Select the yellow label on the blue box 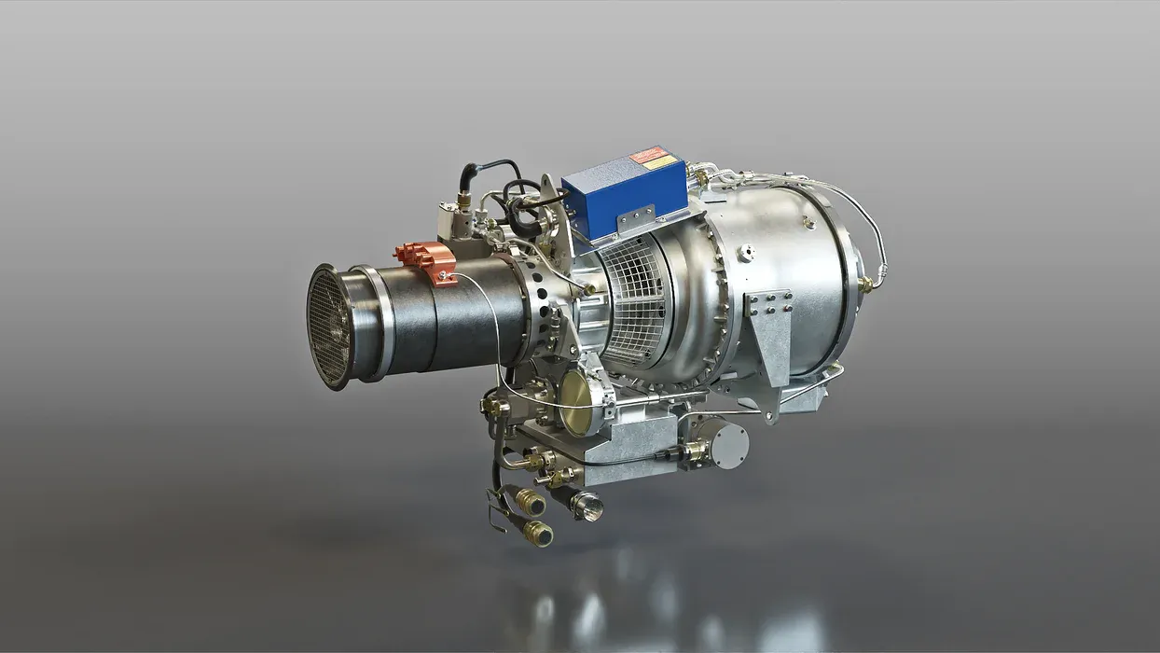[660, 163]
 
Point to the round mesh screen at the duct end [329, 326]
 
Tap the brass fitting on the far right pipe [866, 284]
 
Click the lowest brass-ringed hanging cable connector [537, 534]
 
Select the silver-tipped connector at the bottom [587, 506]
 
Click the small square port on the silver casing [746, 252]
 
